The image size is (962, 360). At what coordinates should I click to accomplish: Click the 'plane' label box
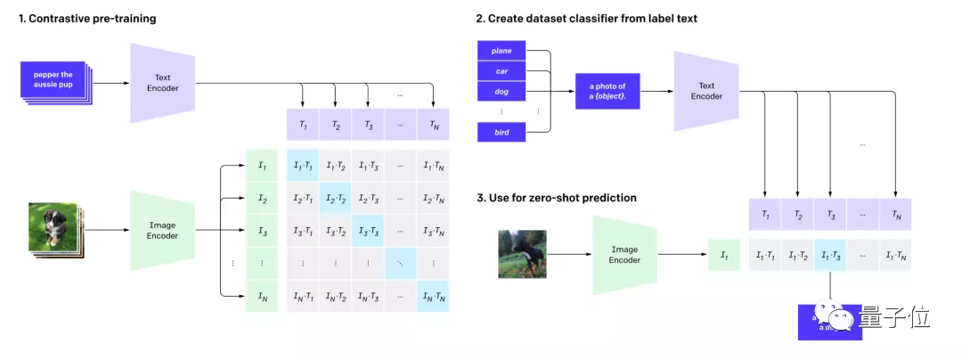point(501,51)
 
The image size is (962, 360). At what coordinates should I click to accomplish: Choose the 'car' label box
point(501,70)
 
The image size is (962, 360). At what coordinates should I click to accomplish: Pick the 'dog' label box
point(501,91)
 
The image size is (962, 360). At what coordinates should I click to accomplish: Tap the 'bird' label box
point(501,133)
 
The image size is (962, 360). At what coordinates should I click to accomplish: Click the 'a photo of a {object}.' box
point(607,91)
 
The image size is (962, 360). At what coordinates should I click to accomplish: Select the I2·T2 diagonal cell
point(335,198)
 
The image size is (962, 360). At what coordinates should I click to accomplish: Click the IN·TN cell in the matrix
point(433,296)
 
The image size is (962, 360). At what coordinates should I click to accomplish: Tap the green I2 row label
point(262,198)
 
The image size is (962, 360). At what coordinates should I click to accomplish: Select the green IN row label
point(262,296)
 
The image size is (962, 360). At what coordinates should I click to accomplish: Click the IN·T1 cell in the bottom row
point(303,296)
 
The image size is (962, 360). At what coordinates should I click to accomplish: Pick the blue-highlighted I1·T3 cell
point(830,256)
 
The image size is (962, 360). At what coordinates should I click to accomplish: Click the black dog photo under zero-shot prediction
point(522,254)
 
